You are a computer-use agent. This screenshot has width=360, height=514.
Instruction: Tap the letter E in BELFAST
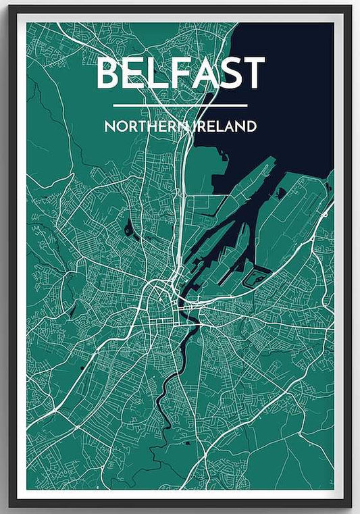[137, 73]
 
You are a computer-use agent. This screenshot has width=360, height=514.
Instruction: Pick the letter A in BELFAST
[208, 73]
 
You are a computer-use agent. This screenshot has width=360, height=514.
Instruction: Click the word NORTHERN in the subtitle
[144, 126]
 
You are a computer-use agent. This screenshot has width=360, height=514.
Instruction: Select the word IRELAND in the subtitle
[223, 126]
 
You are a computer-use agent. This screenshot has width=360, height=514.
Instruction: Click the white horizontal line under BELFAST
[180, 105]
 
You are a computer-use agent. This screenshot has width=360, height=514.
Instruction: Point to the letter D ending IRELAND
[251, 126]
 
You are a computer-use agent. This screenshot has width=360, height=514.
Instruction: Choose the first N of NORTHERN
[109, 126]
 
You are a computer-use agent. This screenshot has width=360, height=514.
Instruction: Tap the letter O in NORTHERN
[120, 126]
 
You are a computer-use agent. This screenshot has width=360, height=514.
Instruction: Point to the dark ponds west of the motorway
[128, 228]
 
